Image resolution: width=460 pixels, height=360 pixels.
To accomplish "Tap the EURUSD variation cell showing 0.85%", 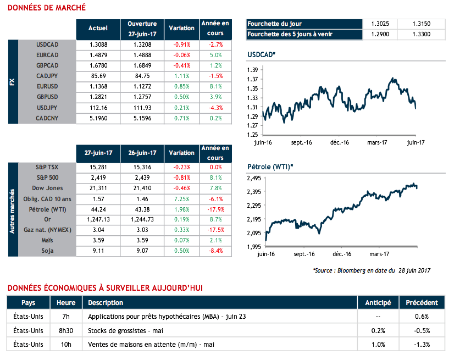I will tap(181, 87).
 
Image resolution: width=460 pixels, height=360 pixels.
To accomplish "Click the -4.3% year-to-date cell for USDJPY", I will tap(215, 108).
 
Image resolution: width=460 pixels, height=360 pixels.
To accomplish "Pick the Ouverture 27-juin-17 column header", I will tap(142, 27).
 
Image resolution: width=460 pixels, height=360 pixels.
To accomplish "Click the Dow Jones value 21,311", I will tap(98, 189).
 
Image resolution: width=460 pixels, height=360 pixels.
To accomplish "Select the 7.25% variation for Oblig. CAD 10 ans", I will tap(181, 198).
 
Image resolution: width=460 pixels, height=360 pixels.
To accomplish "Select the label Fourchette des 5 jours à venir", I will tap(291, 35).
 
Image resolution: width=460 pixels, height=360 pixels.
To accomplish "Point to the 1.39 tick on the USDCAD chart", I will tap(253, 70).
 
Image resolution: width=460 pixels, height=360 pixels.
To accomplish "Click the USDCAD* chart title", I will tap(262, 56).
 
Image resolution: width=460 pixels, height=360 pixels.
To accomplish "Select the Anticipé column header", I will tap(378, 303).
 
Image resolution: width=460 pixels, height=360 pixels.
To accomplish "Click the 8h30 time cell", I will tap(66, 331).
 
